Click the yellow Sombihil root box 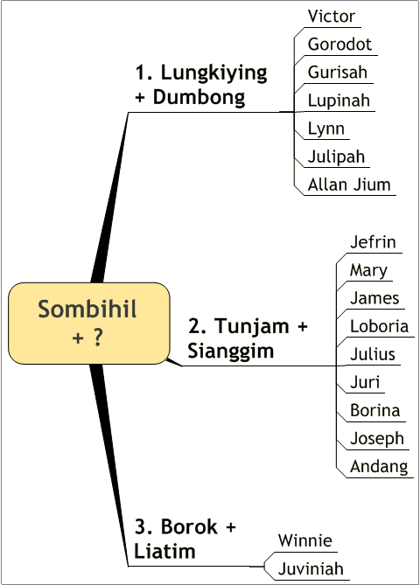(x=89, y=323)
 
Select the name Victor (x=331, y=17)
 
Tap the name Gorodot (x=339, y=45)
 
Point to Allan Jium (x=349, y=185)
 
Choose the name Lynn (x=325, y=129)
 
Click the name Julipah (x=336, y=157)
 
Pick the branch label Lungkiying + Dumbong (x=201, y=84)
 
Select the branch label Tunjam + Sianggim (x=248, y=338)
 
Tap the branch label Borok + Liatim (x=185, y=539)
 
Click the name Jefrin (x=373, y=242)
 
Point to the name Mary (x=368, y=271)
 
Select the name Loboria (x=379, y=326)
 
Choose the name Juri (x=365, y=382)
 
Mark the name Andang (x=379, y=467)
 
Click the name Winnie (x=304, y=540)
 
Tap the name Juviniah (x=311, y=569)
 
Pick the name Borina (x=374, y=410)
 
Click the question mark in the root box (x=98, y=337)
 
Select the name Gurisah (x=337, y=73)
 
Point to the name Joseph (x=377, y=439)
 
